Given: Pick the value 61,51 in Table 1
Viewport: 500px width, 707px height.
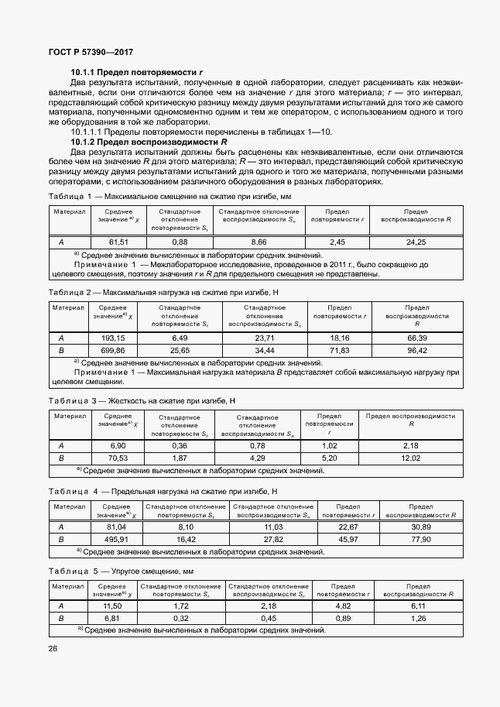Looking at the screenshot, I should [118, 242].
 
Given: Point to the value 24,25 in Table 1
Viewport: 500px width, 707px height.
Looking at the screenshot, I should [416, 242].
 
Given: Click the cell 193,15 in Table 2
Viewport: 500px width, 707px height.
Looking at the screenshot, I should [113, 338].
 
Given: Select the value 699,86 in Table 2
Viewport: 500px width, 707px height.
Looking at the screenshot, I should [113, 350].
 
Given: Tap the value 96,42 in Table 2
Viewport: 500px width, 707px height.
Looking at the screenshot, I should [417, 350].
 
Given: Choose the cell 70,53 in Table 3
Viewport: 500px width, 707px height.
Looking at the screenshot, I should [118, 458].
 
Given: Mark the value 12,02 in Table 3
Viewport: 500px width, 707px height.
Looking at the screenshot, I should [410, 458].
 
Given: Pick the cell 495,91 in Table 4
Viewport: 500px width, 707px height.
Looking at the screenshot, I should [115, 539].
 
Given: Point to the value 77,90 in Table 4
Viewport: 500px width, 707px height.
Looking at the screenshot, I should [420, 539].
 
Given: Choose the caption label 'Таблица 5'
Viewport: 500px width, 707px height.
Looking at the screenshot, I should [71, 571].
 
